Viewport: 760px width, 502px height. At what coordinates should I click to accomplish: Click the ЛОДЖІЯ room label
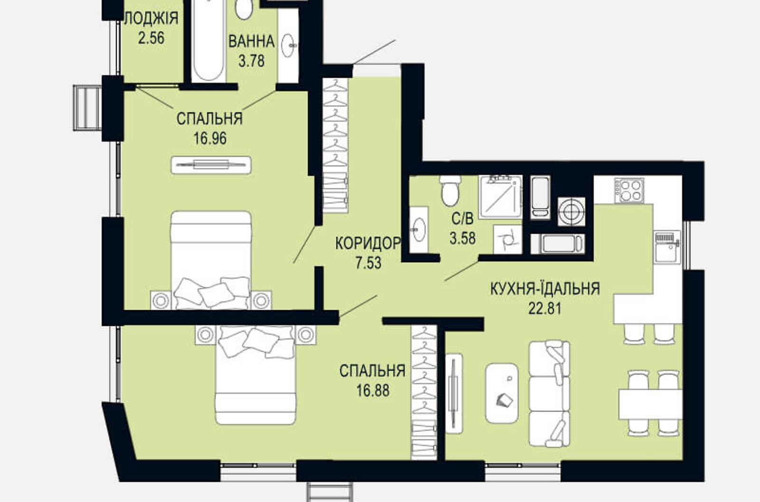pyautogui.click(x=151, y=18)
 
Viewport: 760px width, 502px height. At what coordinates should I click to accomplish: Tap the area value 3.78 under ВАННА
pyautogui.click(x=251, y=61)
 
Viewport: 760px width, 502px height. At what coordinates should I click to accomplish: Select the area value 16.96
pyautogui.click(x=210, y=138)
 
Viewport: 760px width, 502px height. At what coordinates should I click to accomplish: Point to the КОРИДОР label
pyautogui.click(x=368, y=243)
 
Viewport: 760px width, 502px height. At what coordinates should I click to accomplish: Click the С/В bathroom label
pyautogui.click(x=463, y=219)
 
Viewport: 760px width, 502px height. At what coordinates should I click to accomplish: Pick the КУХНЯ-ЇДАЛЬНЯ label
pyautogui.click(x=545, y=289)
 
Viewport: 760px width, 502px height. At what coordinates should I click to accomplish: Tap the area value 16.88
pyautogui.click(x=373, y=391)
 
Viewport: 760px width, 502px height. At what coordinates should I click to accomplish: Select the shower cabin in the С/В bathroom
pyautogui.click(x=500, y=197)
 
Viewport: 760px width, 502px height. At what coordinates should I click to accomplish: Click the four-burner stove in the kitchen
pyautogui.click(x=629, y=191)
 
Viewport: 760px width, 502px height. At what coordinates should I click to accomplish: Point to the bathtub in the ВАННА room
pyautogui.click(x=209, y=41)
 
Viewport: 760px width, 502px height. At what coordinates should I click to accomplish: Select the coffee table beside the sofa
pyautogui.click(x=502, y=393)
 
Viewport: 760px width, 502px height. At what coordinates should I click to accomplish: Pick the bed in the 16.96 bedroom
pyautogui.click(x=211, y=260)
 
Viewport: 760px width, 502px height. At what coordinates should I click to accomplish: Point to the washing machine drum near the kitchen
pyautogui.click(x=572, y=211)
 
